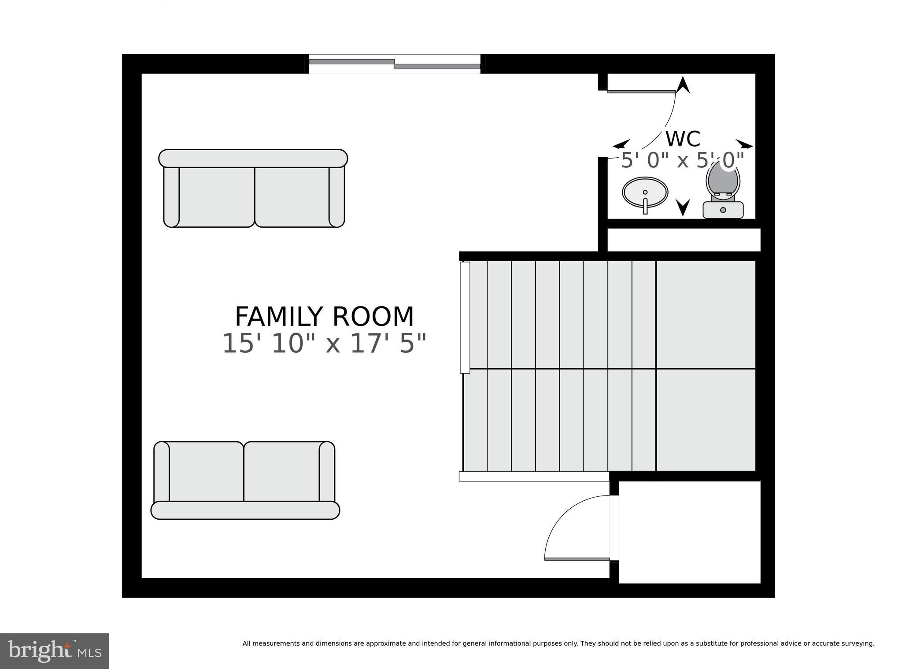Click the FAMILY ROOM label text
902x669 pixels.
pos(324,317)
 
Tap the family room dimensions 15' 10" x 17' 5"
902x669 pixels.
pos(324,344)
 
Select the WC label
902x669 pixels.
pos(682,139)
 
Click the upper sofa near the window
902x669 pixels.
pos(253,189)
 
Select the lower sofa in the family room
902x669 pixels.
pos(245,480)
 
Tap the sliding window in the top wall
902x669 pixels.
pos(394,64)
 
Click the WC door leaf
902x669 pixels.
pos(641,92)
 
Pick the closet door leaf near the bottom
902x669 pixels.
pos(577,559)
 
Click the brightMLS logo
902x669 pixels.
pos(54,651)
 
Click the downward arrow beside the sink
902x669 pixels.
pos(683,207)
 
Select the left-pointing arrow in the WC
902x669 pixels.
pos(621,144)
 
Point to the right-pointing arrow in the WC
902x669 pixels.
pos(744,144)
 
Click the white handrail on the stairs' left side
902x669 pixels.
pos(465,317)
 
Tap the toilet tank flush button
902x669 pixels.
pos(723,210)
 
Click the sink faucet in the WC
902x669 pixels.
pos(645,205)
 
